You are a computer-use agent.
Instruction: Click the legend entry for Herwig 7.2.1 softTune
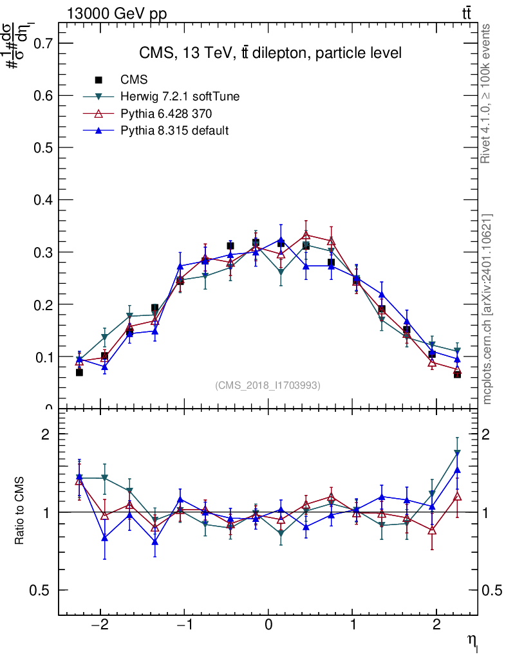point(180,97)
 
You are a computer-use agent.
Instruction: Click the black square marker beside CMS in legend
point(99,80)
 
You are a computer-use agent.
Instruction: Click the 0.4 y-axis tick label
point(41,200)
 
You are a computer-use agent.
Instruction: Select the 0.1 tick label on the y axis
point(41,357)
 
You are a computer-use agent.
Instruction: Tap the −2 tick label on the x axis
point(100,626)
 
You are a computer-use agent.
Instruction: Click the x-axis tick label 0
point(268,626)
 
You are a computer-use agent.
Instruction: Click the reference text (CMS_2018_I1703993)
point(268,385)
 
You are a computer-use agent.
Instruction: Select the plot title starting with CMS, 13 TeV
point(270,53)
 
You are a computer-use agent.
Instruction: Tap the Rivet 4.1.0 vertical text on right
point(486,94)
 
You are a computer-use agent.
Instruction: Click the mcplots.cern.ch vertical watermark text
point(487,309)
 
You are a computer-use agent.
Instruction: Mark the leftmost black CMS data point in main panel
point(79,372)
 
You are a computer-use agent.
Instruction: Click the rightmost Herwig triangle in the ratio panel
point(457,453)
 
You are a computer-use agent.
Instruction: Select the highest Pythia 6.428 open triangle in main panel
point(306,235)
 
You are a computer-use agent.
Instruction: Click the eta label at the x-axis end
point(473,639)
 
